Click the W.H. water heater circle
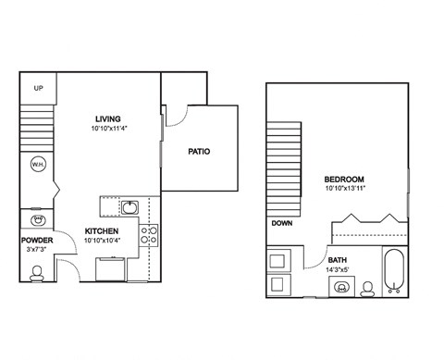click(38, 166)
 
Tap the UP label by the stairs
click(38, 89)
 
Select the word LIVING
click(109, 118)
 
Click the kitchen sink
click(130, 206)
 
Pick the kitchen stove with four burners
click(148, 234)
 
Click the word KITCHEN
click(102, 230)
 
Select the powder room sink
click(38, 220)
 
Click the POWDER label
click(37, 241)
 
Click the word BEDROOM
click(342, 179)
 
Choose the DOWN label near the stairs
click(283, 224)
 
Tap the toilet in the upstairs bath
click(368, 289)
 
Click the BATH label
click(339, 260)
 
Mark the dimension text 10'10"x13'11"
click(342, 189)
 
